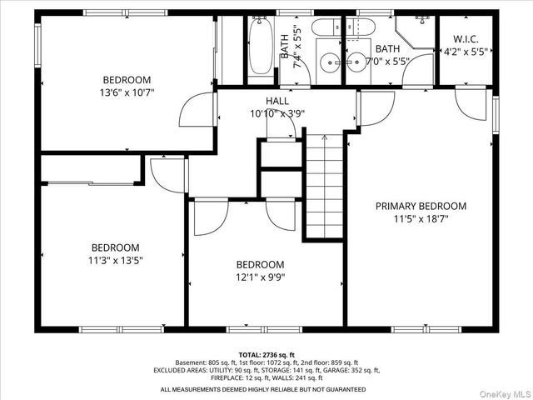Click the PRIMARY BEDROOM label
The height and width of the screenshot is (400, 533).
[x=421, y=206]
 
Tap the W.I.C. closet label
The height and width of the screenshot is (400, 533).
[x=466, y=39]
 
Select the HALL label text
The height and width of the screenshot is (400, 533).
[x=277, y=101]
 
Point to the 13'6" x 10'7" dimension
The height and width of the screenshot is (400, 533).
[x=127, y=92]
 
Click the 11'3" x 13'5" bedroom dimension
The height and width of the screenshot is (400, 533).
[x=116, y=261]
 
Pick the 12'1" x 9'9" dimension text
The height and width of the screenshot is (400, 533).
[x=261, y=277]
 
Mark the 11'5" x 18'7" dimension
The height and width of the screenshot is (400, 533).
[x=421, y=218]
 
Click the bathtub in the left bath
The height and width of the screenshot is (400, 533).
[x=261, y=46]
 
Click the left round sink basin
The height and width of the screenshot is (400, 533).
[x=330, y=62]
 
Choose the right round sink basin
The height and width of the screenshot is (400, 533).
[x=356, y=62]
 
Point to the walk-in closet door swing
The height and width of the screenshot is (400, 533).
[x=471, y=103]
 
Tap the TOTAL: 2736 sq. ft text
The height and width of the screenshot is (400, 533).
[x=266, y=355]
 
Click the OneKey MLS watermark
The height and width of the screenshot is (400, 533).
[x=506, y=394]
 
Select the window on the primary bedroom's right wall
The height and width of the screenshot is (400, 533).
[x=496, y=115]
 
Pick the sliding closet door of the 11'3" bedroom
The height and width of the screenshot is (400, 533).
[x=91, y=183]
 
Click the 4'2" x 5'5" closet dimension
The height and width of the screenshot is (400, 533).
[x=466, y=52]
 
